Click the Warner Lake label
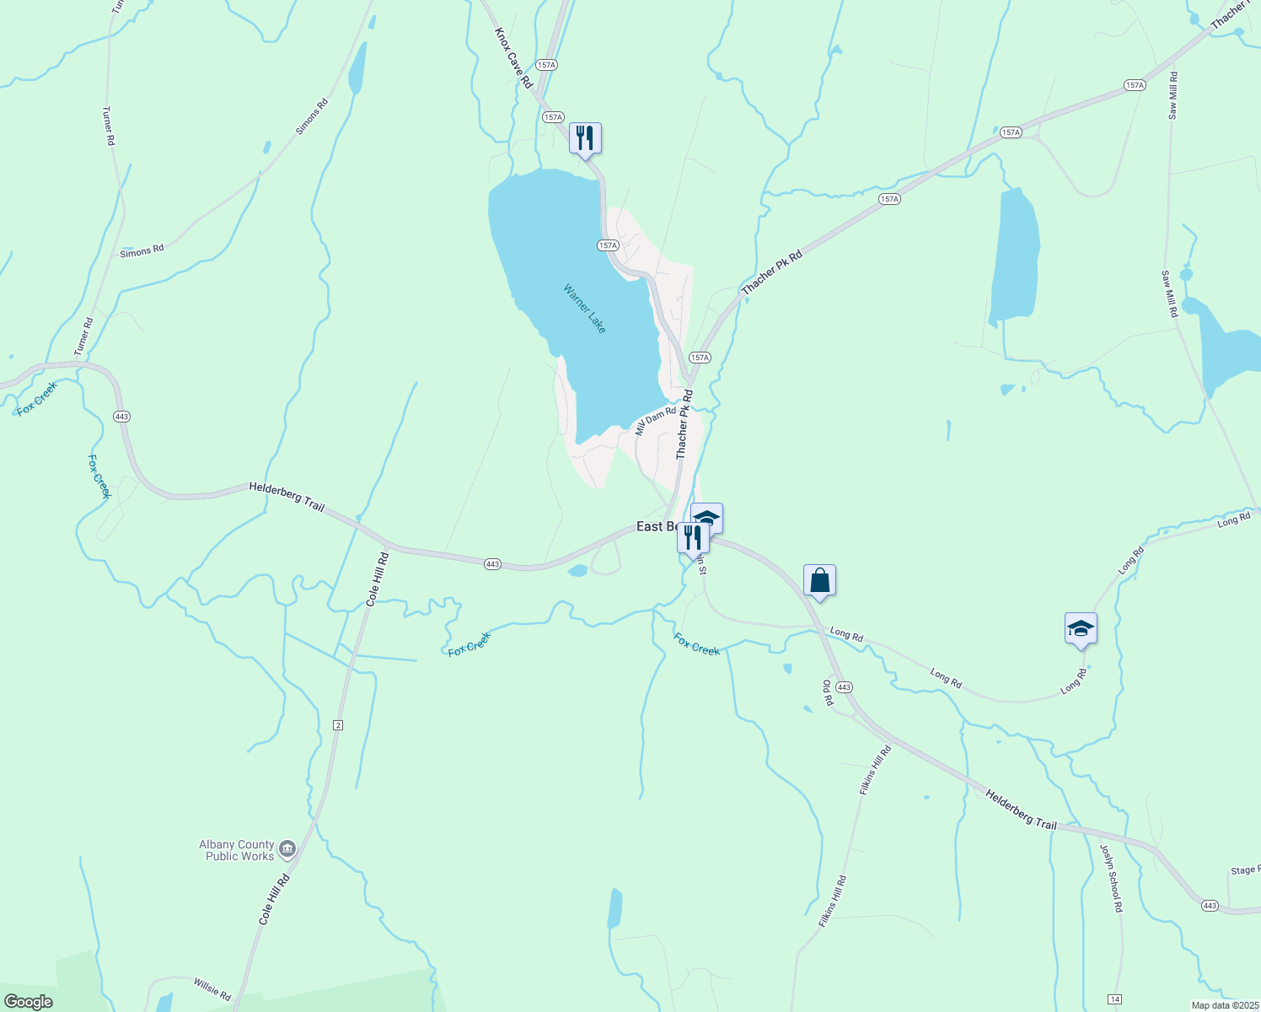click(x=585, y=309)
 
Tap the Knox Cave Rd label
click(x=513, y=57)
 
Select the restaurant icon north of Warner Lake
click(x=585, y=137)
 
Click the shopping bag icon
click(x=819, y=580)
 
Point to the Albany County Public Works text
click(x=237, y=850)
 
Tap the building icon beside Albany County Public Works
click(x=287, y=848)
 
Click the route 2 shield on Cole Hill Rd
click(x=338, y=725)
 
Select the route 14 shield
click(x=1115, y=999)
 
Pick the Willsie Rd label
click(x=212, y=989)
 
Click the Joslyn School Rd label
click(x=1112, y=878)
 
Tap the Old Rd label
click(x=828, y=692)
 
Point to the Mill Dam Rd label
click(x=656, y=420)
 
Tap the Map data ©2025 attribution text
click(x=1224, y=1005)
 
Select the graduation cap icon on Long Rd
click(x=1081, y=628)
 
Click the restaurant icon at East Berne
click(x=693, y=537)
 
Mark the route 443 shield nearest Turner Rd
click(x=121, y=417)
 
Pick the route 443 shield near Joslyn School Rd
click(x=1210, y=906)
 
